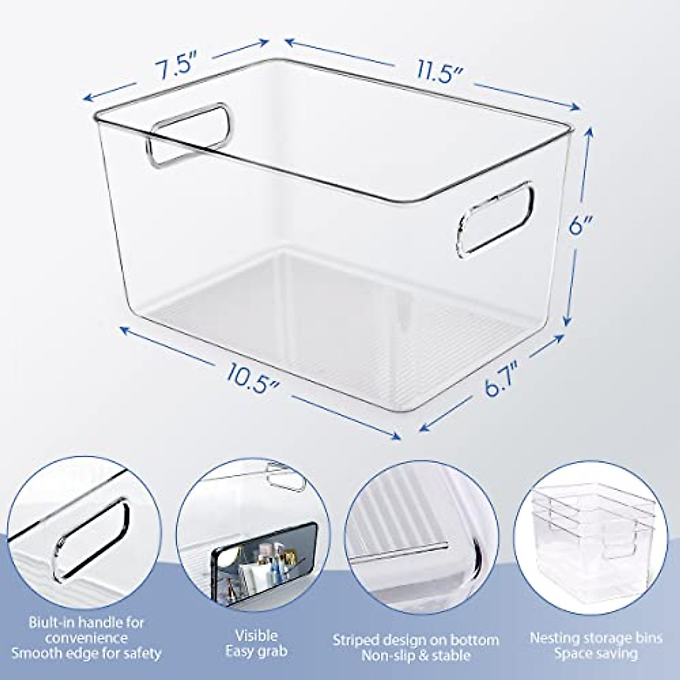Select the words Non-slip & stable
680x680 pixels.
pyautogui.click(x=416, y=656)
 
